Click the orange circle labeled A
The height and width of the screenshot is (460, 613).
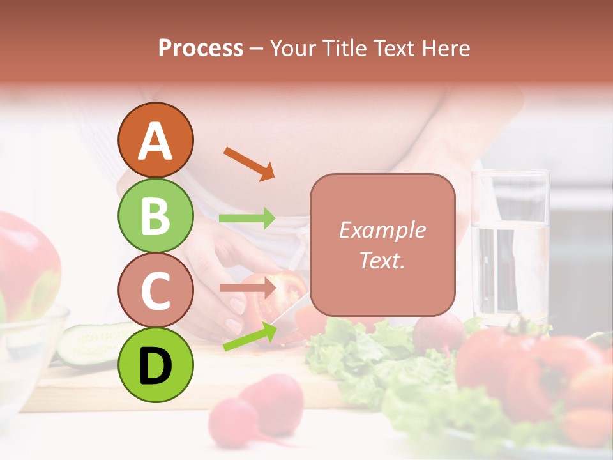[x=156, y=140]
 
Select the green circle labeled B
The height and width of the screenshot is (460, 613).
[x=156, y=215]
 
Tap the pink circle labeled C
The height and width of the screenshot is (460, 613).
[x=156, y=291]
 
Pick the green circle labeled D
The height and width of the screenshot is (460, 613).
[x=156, y=365]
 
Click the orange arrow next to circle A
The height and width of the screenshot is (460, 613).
[x=249, y=163]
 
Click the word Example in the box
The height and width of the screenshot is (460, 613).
[x=382, y=230]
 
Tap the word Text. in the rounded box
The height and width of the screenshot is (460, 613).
[x=382, y=260]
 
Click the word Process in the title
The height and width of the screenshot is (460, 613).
[x=201, y=48]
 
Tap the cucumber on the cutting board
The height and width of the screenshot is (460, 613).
[x=89, y=345]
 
